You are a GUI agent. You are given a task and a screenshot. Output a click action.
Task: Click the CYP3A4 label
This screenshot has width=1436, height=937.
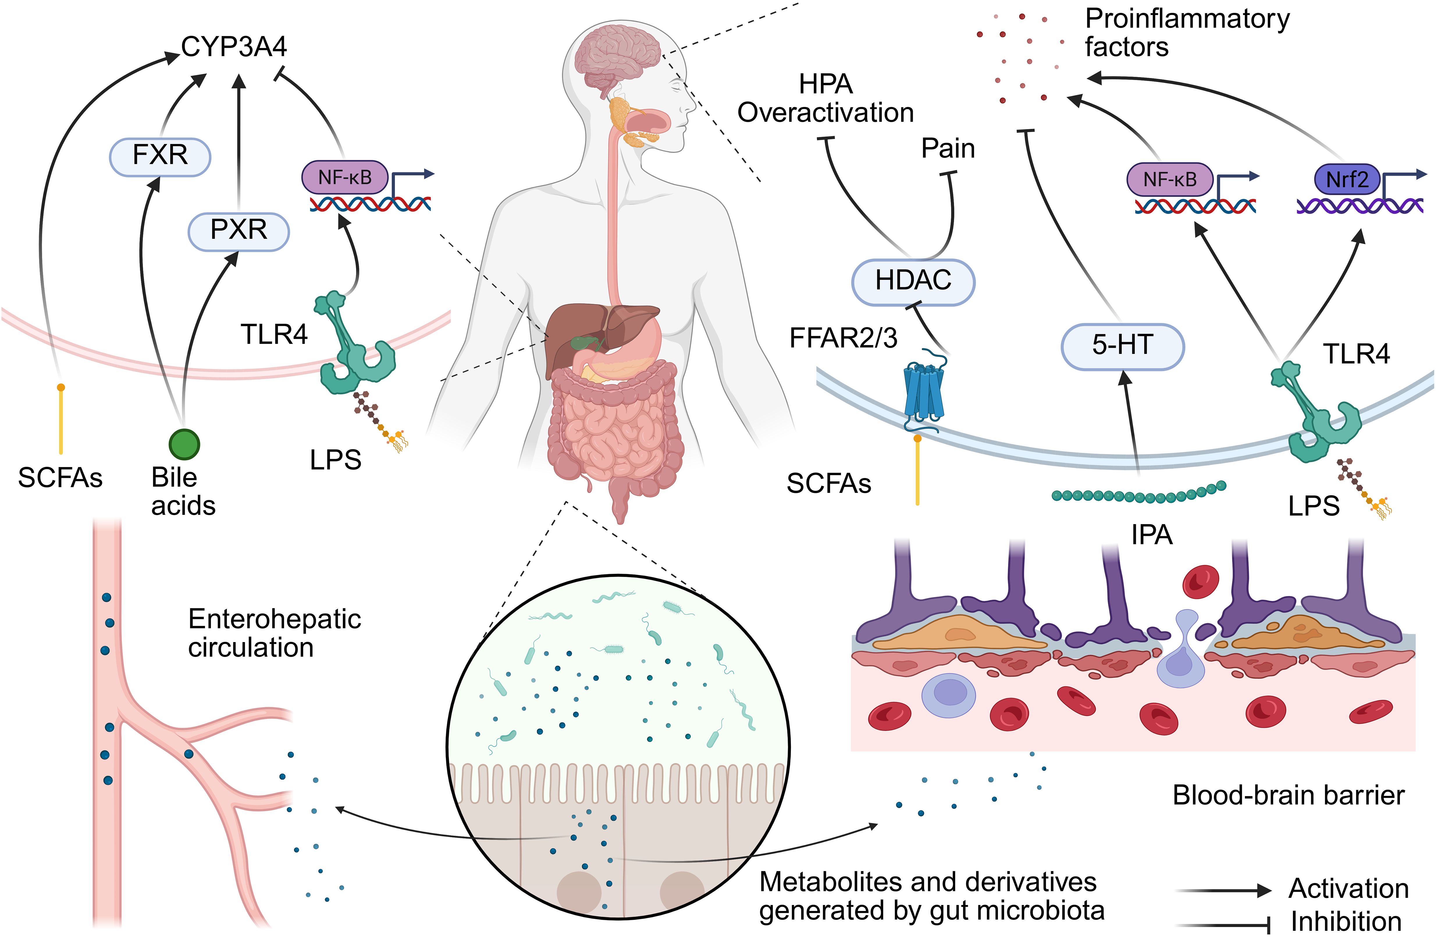pos(234,47)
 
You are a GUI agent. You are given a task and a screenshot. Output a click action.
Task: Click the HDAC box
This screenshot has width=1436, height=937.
pos(913,282)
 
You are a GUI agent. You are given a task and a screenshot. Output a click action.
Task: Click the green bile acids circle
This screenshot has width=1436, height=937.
pos(184,445)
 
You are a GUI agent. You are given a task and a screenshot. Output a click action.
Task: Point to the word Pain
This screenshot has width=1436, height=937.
pos(948,148)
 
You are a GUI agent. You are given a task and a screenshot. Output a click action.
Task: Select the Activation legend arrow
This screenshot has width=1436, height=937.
pos(1224,890)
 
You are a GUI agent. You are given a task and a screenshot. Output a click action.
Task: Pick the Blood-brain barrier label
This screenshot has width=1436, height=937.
pos(1288,795)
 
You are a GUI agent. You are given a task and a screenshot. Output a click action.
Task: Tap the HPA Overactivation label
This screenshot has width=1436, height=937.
pos(825,98)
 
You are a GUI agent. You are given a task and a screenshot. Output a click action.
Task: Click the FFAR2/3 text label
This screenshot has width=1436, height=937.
pos(844,339)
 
